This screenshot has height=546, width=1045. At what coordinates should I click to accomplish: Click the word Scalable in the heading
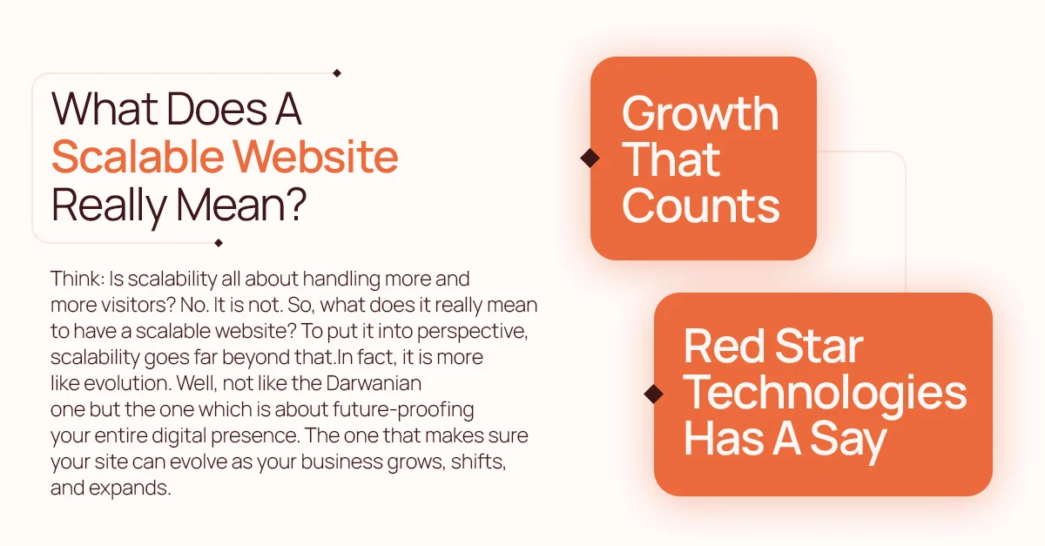pos(138,156)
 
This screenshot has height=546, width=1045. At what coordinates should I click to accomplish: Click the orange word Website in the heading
pos(315,156)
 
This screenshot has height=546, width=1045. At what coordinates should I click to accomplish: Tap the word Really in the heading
pos(109,206)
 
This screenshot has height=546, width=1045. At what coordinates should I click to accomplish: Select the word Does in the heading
pos(217,109)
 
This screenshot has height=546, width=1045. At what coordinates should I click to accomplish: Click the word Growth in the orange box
pos(700,115)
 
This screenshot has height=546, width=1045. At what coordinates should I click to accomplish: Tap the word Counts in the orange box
pos(701,206)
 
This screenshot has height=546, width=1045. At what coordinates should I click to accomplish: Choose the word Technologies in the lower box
pos(825,394)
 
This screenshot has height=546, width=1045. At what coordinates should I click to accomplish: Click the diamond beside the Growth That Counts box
pos(590,158)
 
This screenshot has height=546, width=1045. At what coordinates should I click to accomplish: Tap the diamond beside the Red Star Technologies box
pos(654,394)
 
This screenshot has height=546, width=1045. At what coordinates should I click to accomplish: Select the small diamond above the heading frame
pos(337,73)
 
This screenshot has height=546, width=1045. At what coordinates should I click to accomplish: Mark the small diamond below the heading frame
pos(219,243)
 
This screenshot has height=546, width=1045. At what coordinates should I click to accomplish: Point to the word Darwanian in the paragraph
pos(374,383)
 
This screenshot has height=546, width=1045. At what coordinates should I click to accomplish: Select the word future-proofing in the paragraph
pos(403,410)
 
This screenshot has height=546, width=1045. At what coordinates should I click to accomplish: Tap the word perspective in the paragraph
pos(472,332)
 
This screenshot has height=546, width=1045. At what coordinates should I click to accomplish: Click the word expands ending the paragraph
pos(130,489)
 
